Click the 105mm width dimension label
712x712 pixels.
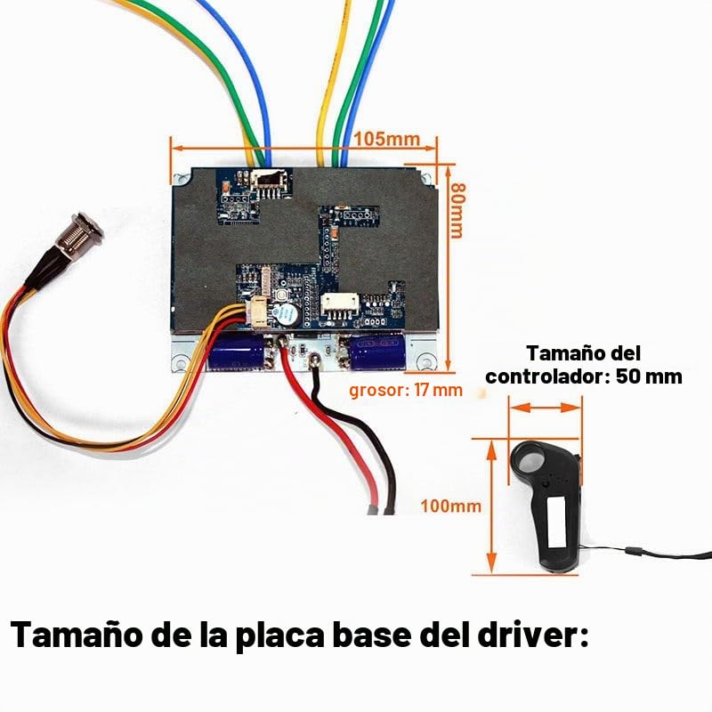click(x=387, y=139)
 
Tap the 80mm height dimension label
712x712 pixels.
click(x=457, y=211)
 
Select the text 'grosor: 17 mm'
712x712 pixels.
click(x=406, y=390)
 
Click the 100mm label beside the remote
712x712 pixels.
click(x=450, y=506)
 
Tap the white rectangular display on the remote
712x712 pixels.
click(x=557, y=522)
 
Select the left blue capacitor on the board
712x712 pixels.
click(x=236, y=352)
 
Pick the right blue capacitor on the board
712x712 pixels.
click(x=376, y=352)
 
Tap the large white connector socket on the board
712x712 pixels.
click(x=340, y=303)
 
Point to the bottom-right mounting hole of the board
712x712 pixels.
click(x=427, y=361)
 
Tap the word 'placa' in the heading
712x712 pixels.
click(x=280, y=635)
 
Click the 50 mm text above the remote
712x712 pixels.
click(x=649, y=376)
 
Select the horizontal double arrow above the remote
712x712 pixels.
click(x=546, y=408)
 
